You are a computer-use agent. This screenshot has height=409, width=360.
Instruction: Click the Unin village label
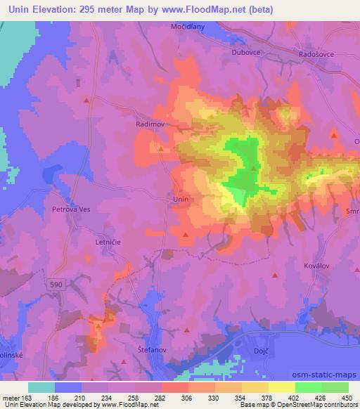click(x=180, y=200)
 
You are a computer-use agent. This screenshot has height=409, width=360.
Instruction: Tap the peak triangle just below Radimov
click(x=161, y=148)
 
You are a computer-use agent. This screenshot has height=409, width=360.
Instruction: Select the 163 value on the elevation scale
click(x=20, y=397)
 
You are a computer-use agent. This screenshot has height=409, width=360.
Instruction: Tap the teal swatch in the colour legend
click(x=41, y=387)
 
